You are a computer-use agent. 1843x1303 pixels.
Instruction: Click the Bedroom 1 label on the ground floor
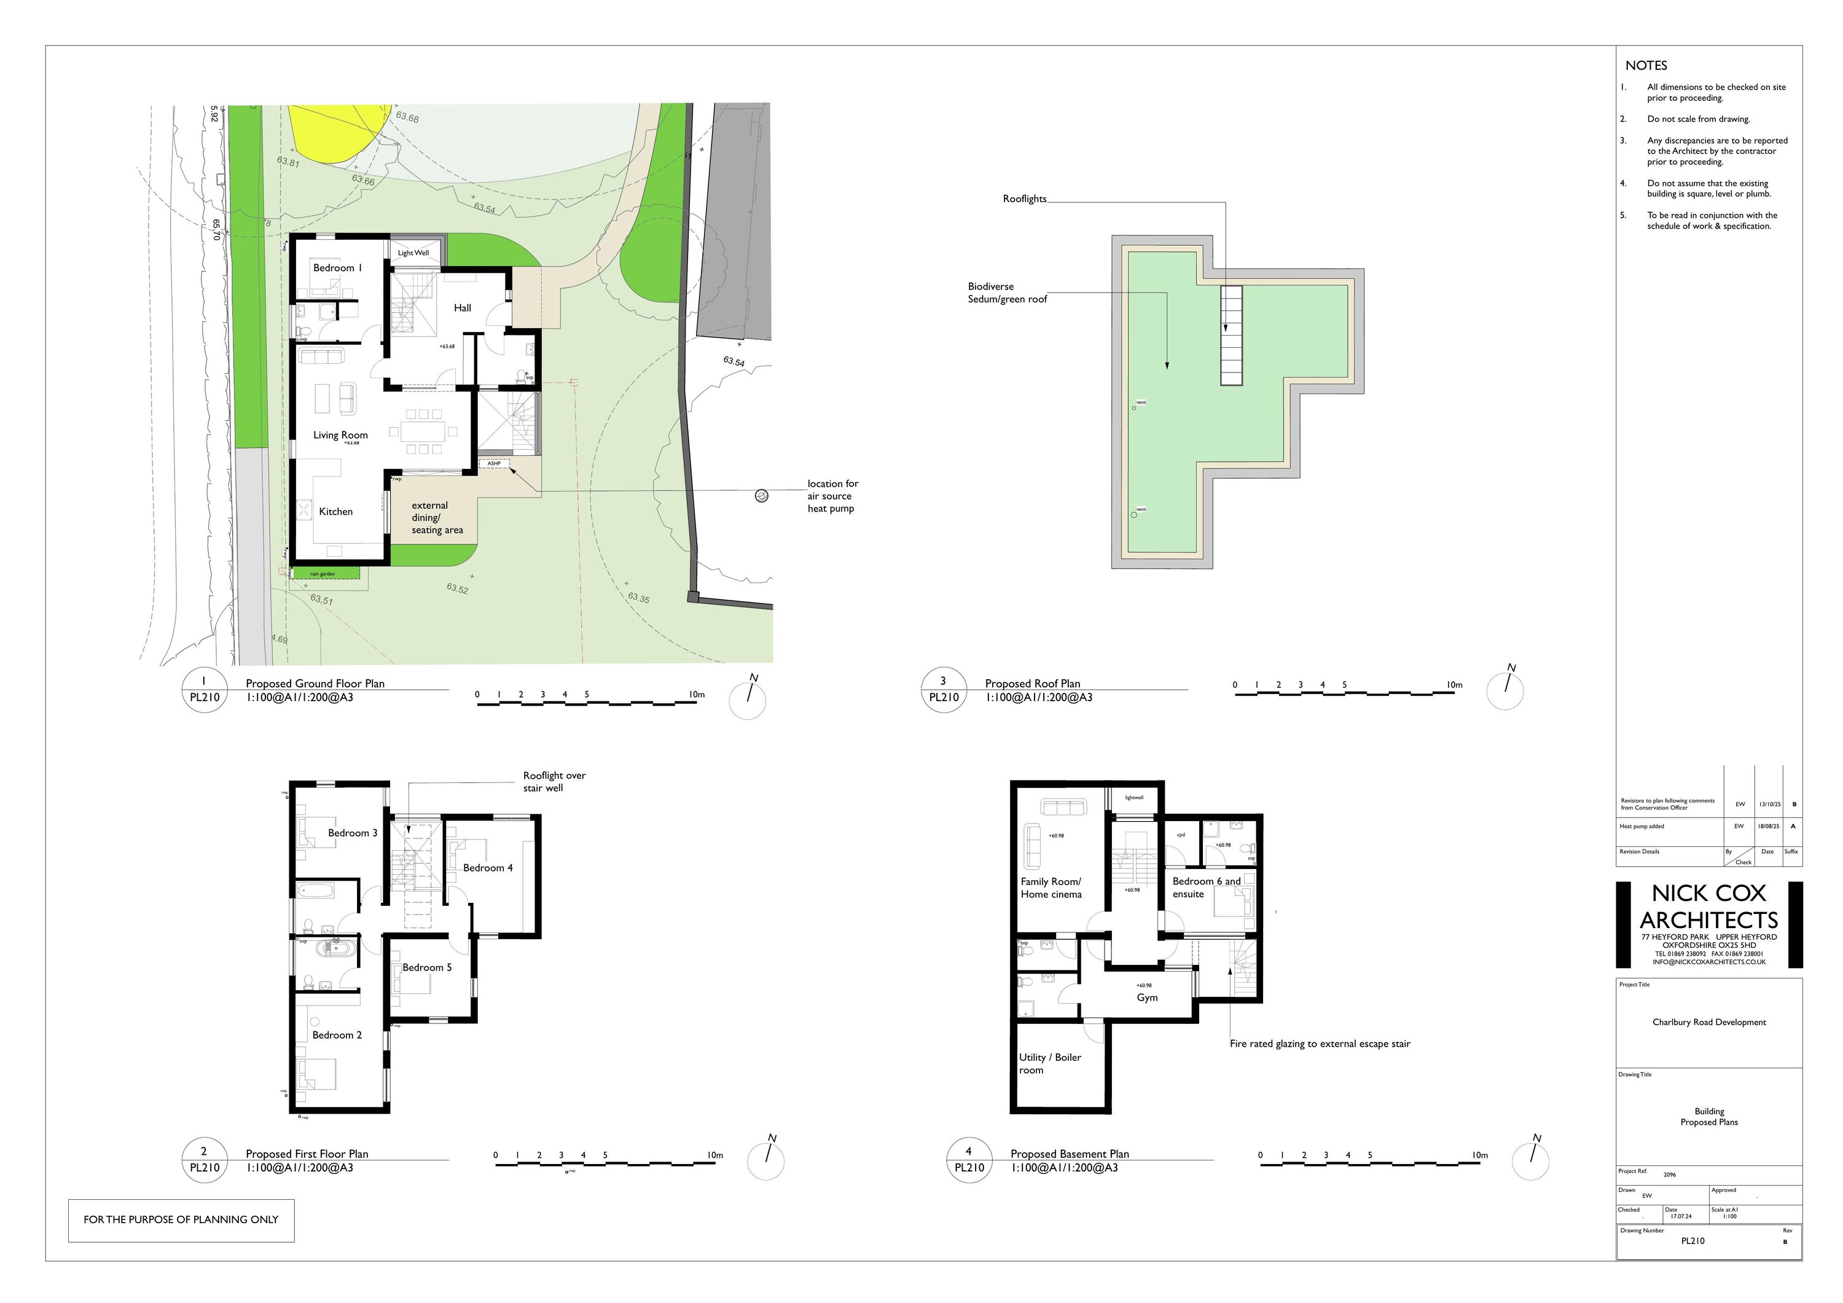[x=337, y=267]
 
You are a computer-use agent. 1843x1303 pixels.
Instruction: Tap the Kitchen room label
[x=335, y=511]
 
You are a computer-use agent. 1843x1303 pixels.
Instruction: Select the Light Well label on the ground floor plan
[x=413, y=253]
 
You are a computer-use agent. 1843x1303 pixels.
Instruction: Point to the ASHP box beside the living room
[x=495, y=463]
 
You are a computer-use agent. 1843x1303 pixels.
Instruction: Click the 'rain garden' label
[x=323, y=574]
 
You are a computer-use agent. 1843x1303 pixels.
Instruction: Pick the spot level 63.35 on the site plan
[x=639, y=597]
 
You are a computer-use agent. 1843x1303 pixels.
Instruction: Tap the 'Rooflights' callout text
[x=1024, y=199]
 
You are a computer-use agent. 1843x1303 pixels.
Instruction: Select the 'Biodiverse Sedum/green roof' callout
[x=1007, y=292]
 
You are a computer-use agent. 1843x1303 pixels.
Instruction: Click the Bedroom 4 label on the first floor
[x=487, y=868]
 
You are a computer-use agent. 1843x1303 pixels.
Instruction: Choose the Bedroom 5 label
[x=426, y=967]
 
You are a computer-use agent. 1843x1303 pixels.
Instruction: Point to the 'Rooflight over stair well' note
[x=554, y=781]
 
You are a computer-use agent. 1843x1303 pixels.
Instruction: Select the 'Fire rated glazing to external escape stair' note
[x=1320, y=1044]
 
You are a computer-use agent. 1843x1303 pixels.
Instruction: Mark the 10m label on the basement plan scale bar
[x=1479, y=1155]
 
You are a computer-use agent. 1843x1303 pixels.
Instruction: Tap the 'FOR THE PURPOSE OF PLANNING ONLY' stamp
[x=181, y=1219]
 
